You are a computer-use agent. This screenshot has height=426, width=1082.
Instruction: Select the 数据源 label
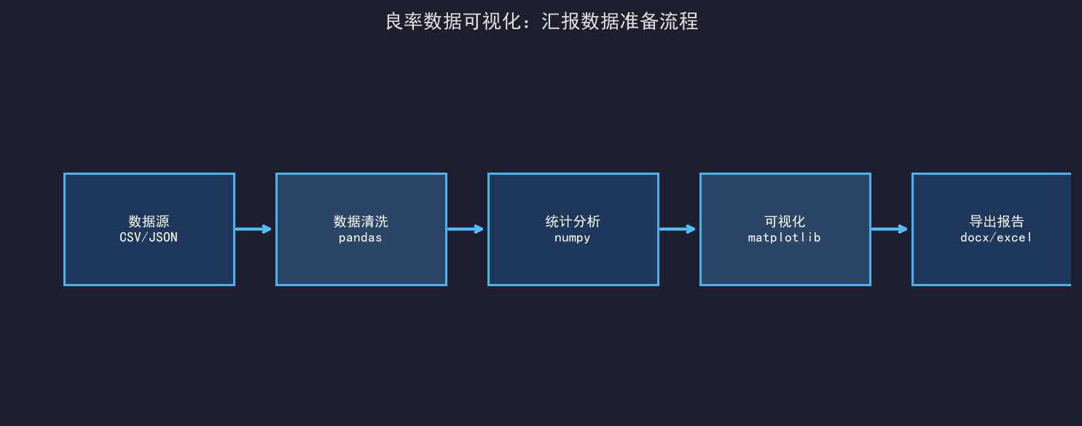149,221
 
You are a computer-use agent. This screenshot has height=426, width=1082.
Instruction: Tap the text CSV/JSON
149,237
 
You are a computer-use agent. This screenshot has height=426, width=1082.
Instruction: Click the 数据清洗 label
361,221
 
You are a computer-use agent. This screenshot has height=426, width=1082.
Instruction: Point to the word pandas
361,237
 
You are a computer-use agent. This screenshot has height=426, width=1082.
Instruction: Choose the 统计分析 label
573,221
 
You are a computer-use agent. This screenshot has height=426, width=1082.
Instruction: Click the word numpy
573,237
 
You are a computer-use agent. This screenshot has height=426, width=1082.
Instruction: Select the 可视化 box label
785,221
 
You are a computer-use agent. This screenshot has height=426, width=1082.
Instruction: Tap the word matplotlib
785,237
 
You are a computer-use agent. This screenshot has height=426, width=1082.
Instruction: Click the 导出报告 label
997,221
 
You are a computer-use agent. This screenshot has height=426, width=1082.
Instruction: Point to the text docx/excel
996,237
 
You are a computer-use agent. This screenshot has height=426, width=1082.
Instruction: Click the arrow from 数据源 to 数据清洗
253,229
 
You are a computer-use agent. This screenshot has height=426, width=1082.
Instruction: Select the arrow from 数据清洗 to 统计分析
465,229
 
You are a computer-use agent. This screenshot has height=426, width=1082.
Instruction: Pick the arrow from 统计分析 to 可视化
677,229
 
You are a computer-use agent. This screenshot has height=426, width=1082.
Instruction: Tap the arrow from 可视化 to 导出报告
889,229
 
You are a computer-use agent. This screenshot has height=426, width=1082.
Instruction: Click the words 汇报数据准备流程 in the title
620,21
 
